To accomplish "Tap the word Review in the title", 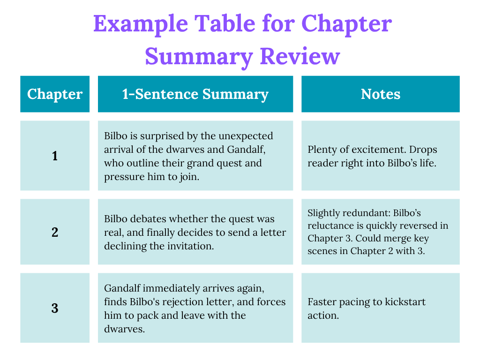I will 300,56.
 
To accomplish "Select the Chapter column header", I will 55,94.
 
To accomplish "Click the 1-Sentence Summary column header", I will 195,94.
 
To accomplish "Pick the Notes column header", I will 381,94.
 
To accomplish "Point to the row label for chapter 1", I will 55,156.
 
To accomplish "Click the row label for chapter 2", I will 55,232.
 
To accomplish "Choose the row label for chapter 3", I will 55,308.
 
